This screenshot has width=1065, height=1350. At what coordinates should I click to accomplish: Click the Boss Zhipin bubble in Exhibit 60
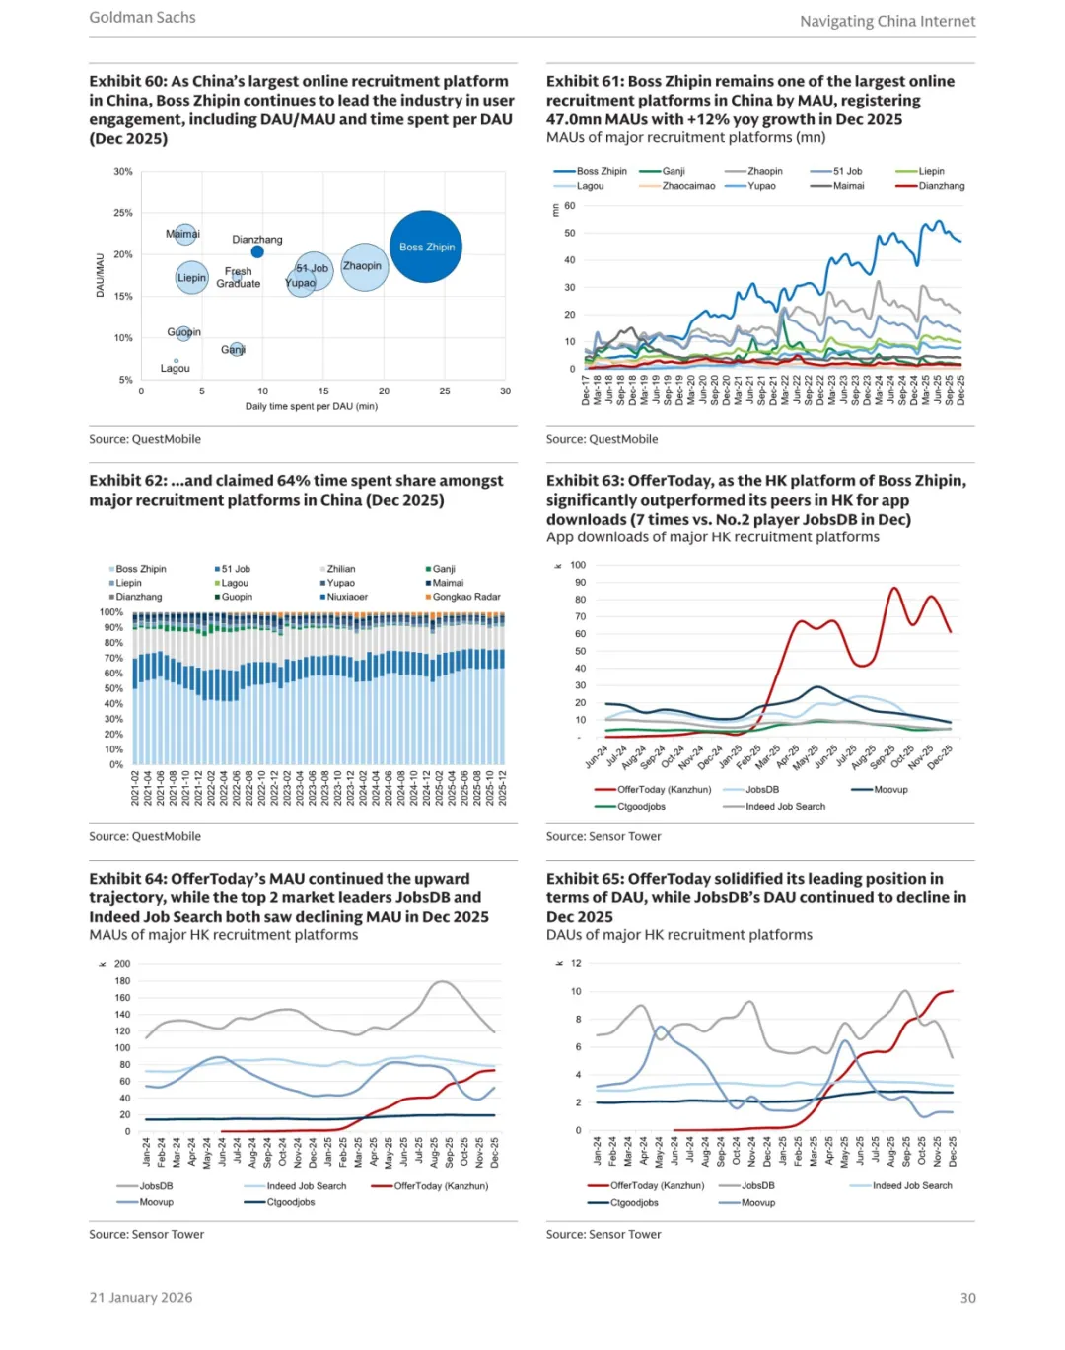(x=426, y=247)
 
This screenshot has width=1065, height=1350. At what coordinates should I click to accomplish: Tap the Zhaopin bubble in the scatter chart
(x=364, y=266)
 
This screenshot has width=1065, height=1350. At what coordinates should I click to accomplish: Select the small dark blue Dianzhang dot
(x=257, y=252)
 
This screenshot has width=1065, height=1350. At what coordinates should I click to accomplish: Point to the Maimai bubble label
(x=182, y=234)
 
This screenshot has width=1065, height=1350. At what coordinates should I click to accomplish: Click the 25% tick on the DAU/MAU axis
(x=122, y=213)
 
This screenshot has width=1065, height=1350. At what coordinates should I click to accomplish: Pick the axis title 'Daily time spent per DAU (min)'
(x=311, y=406)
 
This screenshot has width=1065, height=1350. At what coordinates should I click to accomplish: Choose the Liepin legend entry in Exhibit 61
(x=931, y=171)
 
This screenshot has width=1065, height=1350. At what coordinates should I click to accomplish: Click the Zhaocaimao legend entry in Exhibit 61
(x=688, y=186)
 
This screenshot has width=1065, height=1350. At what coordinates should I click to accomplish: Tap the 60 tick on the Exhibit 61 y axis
(x=570, y=206)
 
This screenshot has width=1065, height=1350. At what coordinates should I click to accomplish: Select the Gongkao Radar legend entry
(x=465, y=597)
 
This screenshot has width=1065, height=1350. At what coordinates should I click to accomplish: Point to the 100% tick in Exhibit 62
(x=111, y=612)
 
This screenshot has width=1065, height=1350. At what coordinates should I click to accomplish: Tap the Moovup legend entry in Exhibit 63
(x=890, y=790)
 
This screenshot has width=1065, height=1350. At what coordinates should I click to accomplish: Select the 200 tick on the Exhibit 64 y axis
(x=122, y=964)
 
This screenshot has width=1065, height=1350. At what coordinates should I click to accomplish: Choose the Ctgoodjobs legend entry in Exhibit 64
(x=290, y=1202)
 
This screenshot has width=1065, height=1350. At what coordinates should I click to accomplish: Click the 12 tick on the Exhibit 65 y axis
(x=576, y=963)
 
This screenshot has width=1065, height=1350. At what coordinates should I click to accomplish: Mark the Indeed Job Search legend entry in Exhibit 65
(x=911, y=1186)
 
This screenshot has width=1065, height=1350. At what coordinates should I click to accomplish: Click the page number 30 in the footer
(x=967, y=1298)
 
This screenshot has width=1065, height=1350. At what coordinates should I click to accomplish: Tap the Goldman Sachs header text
(x=142, y=18)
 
